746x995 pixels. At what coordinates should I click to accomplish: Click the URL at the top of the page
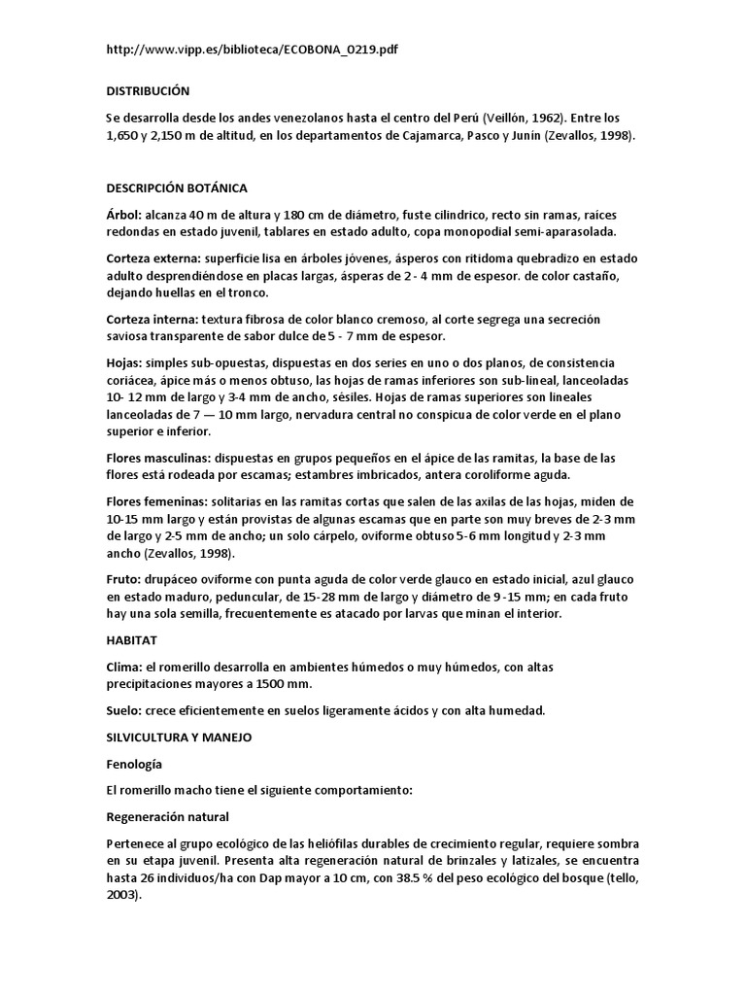click(x=253, y=50)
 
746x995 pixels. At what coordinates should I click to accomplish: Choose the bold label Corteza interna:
click(x=153, y=320)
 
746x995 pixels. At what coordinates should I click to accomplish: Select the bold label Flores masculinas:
click(x=160, y=458)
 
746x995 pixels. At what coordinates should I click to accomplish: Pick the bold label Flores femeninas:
click(x=158, y=502)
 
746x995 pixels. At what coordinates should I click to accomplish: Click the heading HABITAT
click(x=131, y=640)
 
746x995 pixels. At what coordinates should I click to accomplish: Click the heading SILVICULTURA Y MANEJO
click(x=179, y=738)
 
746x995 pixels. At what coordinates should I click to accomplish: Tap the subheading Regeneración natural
click(x=166, y=816)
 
